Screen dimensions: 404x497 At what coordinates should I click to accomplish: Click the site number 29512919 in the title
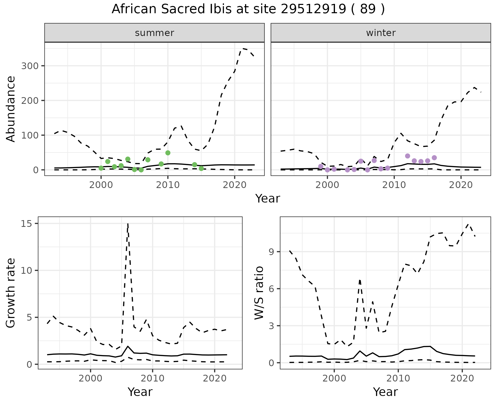click(313, 9)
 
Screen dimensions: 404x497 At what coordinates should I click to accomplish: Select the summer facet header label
click(155, 33)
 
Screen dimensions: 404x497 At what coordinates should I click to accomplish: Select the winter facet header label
click(381, 33)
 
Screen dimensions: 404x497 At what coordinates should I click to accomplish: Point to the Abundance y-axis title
click(11, 109)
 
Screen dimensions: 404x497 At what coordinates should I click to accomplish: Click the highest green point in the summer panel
click(168, 153)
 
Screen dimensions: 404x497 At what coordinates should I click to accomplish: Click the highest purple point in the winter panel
click(407, 156)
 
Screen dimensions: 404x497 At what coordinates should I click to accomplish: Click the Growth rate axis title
click(11, 293)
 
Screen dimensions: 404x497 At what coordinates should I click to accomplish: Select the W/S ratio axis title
click(259, 293)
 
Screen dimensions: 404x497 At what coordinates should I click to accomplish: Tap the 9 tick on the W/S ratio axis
click(271, 252)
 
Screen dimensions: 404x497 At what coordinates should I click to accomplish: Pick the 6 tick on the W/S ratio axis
click(271, 289)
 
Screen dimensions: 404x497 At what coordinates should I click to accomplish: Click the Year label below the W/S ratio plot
click(385, 392)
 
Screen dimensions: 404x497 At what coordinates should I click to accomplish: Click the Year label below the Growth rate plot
click(140, 392)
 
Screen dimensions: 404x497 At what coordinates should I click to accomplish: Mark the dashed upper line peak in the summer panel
click(243, 48)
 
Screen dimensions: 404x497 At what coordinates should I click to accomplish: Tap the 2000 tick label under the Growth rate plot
click(90, 378)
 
